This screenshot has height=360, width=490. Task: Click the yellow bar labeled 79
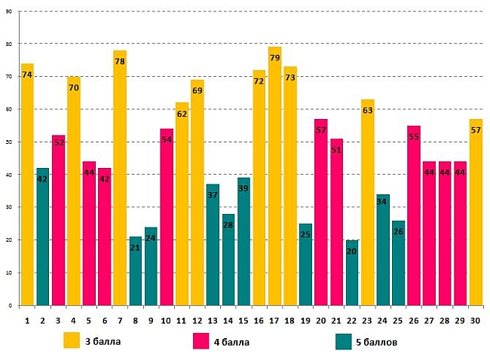coord(274,181)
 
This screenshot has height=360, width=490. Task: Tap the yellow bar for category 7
coord(120,181)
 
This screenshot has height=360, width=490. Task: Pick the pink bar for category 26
coord(414,218)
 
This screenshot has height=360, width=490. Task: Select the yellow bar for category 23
coord(367,203)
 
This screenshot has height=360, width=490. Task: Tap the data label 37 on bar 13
coord(213,195)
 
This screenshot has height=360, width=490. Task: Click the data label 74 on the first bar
coord(27,75)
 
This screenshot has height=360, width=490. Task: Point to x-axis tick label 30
coord(475,320)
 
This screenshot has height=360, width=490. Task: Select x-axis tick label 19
coord(305,320)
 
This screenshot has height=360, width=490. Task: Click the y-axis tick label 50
coord(10,142)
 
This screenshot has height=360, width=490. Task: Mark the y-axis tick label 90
coord(10,11)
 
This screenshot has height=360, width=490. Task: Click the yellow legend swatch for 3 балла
coord(72,340)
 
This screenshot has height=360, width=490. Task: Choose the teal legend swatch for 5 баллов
coord(344,340)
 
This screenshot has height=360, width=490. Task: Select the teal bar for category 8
coord(135,271)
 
